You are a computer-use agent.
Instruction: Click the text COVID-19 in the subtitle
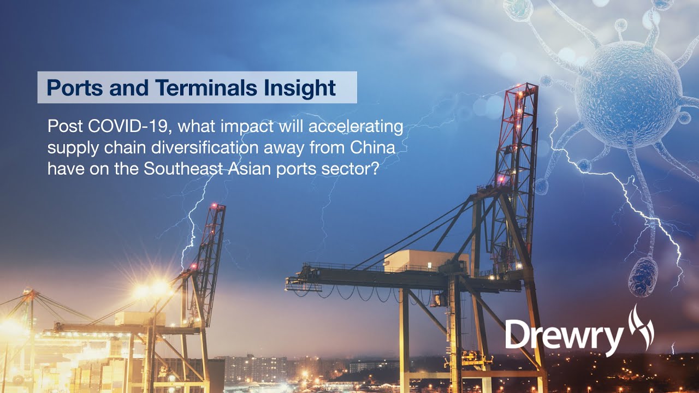[x=123, y=127]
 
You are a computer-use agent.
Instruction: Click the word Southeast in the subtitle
[x=183, y=169]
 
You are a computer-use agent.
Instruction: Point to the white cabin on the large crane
[x=425, y=261]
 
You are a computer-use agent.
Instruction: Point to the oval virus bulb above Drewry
[x=643, y=277]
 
